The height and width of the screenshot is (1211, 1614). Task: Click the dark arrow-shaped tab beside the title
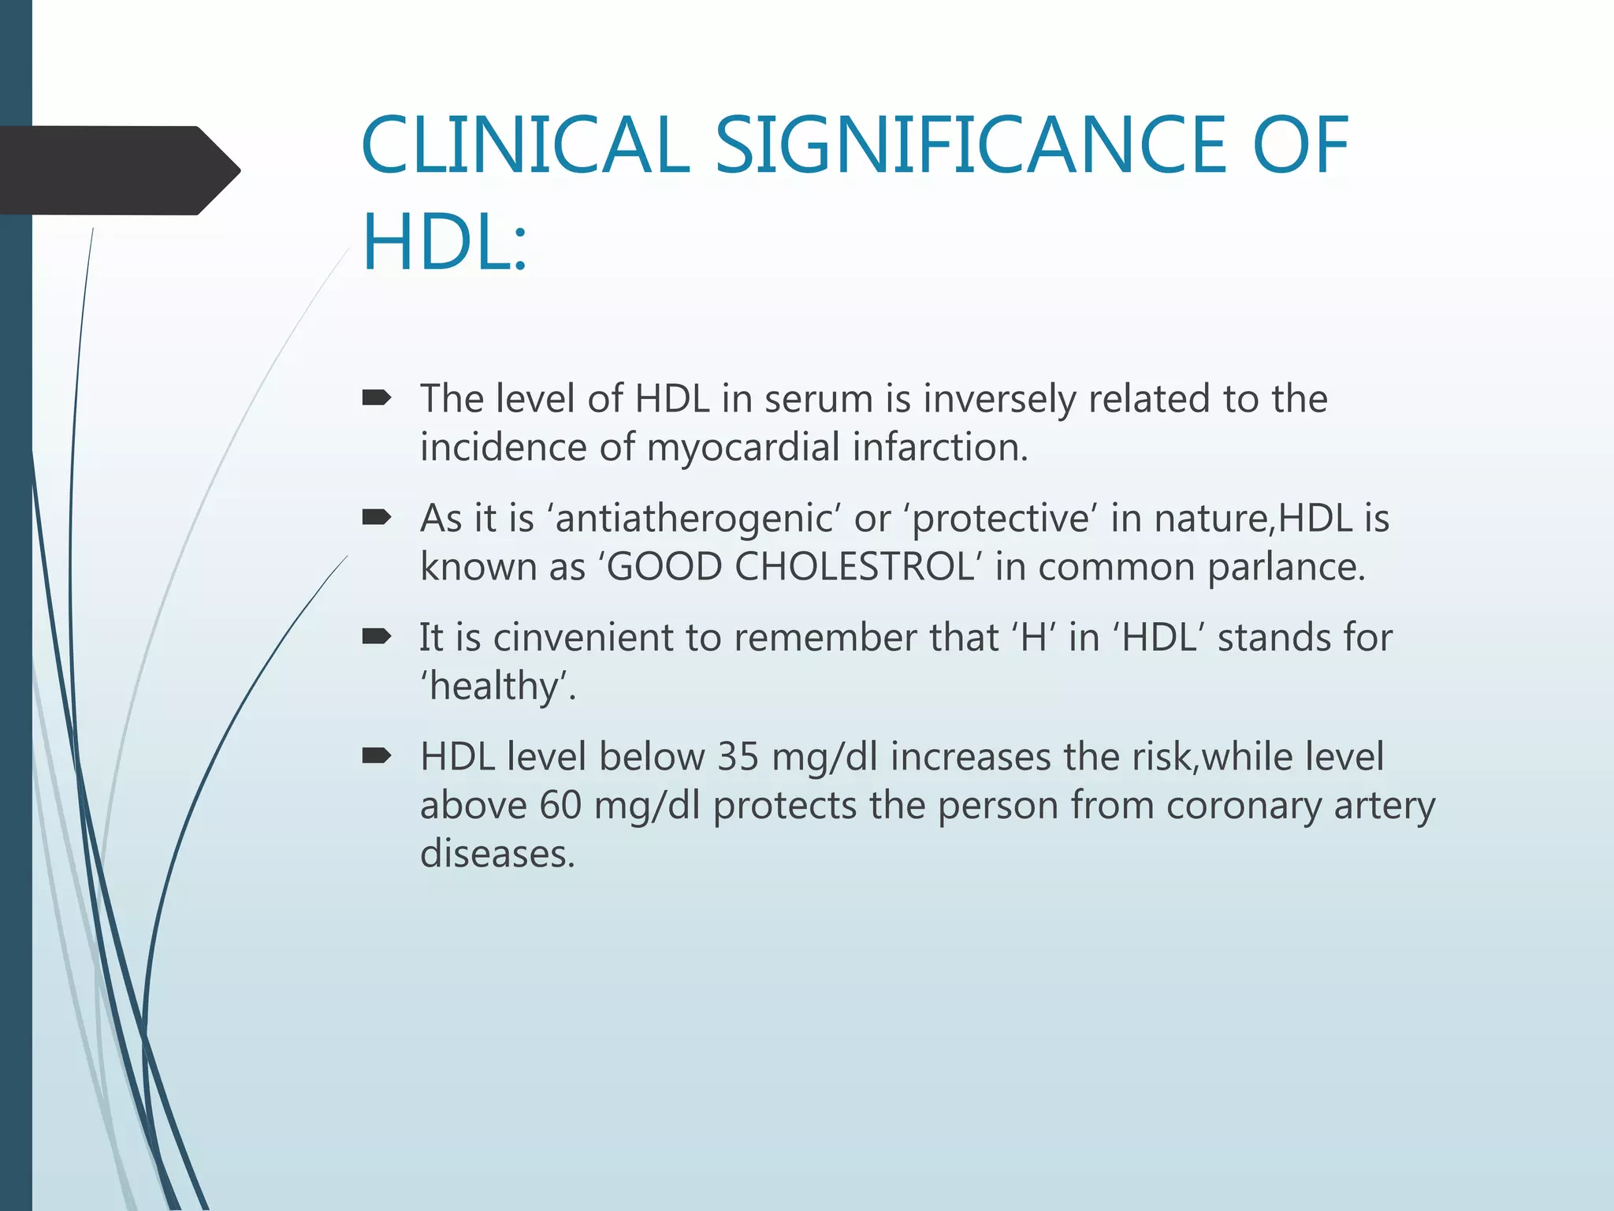coord(118,170)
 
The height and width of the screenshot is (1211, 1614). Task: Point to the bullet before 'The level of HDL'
coord(376,399)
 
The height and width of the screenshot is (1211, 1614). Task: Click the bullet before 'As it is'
coord(376,518)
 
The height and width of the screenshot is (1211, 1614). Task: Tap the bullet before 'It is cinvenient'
coord(376,637)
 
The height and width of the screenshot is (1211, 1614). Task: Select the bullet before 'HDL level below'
coord(376,757)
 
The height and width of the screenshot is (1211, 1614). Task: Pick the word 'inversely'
coord(999,399)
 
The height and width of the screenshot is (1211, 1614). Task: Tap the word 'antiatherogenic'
coord(694,519)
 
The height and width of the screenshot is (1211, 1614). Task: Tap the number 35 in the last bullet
coord(738,757)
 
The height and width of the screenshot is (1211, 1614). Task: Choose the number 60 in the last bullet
coord(560,806)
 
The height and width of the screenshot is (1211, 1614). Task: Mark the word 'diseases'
coord(496,854)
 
